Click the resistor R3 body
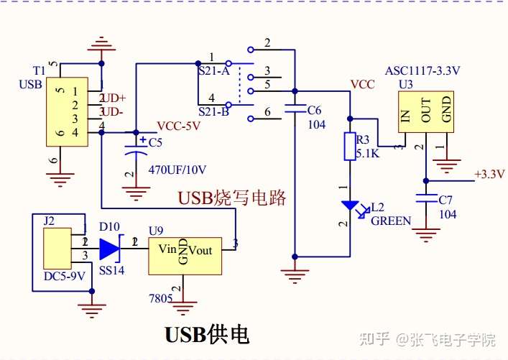coord(350,146)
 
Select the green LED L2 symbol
coord(350,206)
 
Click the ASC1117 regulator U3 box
coord(427,111)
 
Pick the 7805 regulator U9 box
coord(185,252)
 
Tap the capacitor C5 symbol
coord(136,148)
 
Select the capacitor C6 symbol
coord(294,111)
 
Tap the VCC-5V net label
coord(178,126)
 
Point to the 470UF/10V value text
coord(177,170)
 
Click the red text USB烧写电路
coord(231,198)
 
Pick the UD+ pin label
coord(114,98)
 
